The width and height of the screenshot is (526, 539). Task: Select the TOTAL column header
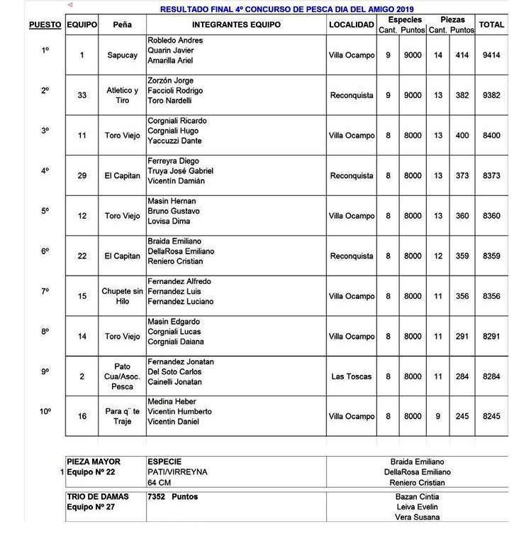point(491,25)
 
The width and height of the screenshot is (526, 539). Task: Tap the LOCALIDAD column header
point(352,25)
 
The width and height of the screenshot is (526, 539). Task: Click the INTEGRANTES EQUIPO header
point(236,25)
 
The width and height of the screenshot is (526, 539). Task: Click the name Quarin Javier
point(170,51)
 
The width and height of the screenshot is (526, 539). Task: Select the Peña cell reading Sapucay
point(122,55)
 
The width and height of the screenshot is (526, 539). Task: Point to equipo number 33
point(82,96)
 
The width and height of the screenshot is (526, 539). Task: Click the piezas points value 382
point(462,96)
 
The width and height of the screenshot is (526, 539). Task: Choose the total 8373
point(491,176)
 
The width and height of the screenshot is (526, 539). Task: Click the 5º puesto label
point(45,211)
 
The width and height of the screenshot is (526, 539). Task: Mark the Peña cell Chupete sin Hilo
point(122,296)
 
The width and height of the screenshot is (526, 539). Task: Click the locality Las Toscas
point(352,376)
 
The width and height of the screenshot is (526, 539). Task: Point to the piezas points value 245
point(462,417)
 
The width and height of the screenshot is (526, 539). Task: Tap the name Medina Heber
point(172,402)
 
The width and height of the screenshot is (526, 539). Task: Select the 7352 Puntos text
point(173,497)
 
